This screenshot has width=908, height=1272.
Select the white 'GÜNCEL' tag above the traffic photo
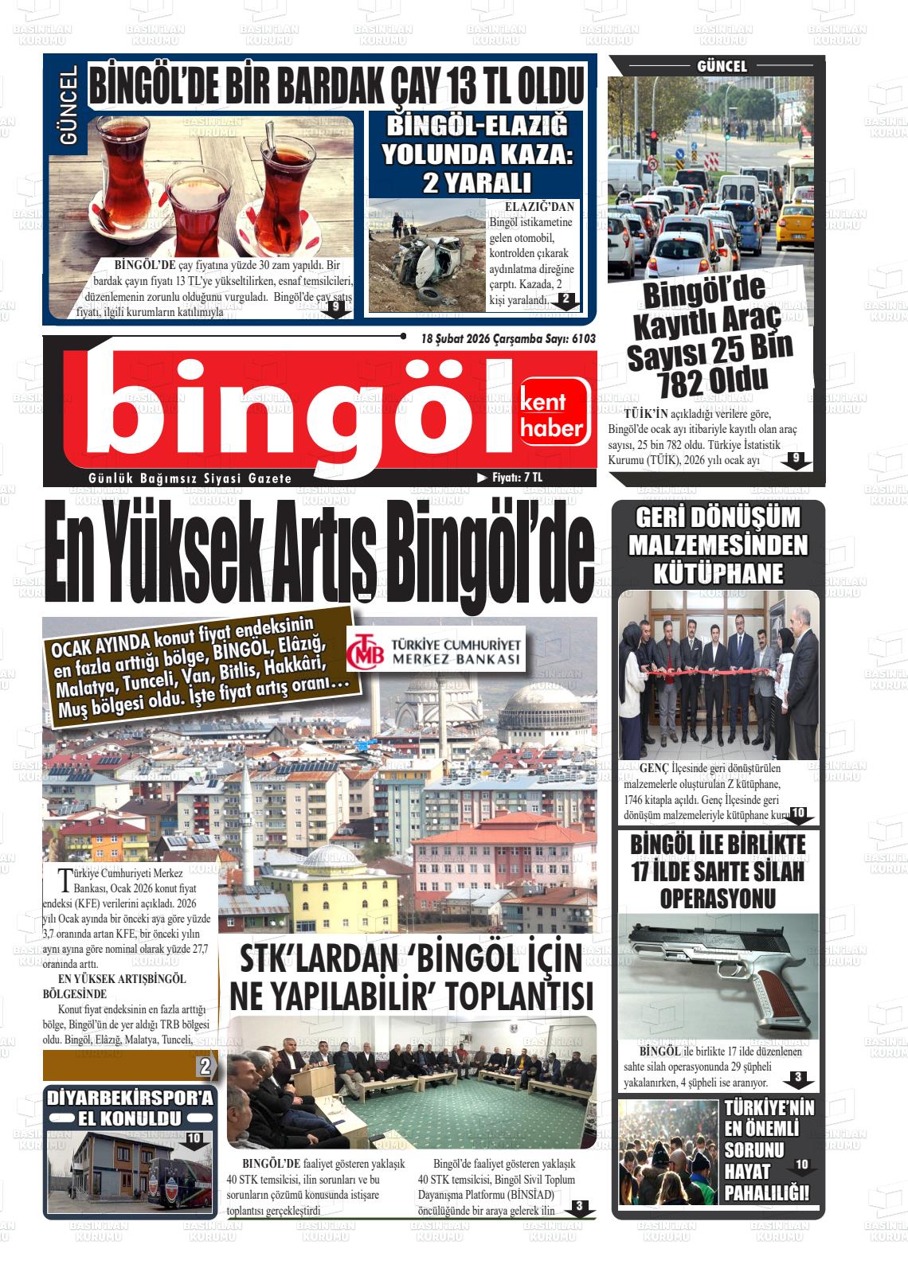pos(722,67)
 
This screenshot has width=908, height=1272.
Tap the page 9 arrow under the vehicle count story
pos(796,460)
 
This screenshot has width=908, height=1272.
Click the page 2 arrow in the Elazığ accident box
pos(566,301)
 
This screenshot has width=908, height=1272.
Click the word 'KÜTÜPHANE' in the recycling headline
pos(718,573)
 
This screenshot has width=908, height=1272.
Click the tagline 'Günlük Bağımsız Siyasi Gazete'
pos(190,478)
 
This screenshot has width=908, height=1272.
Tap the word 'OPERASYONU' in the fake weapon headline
pos(718,899)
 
